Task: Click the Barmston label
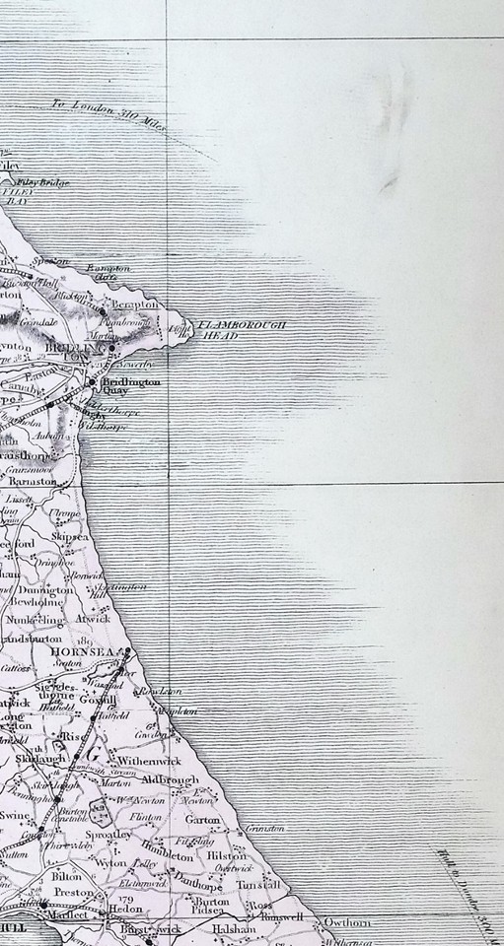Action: pos(56,481)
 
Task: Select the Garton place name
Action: pos(201,820)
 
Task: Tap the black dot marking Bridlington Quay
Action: pos(93,382)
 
